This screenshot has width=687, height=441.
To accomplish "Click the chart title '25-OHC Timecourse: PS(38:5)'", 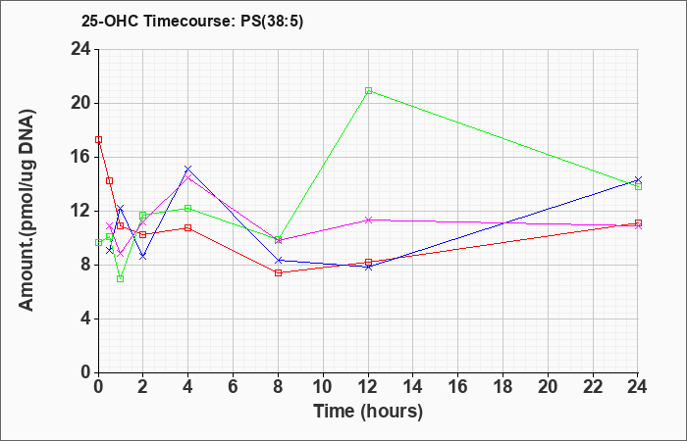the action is pos(192,22).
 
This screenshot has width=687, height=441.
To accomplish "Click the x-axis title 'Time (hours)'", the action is pos(368,412).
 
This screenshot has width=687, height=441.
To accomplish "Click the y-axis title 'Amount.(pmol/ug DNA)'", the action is pos(27,211).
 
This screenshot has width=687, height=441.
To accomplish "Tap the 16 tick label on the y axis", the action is pos(81,158).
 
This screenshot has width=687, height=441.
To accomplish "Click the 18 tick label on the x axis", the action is pos(502,387).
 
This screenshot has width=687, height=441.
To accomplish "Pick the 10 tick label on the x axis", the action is pos(323,387).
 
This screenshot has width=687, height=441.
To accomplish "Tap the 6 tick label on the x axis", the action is pos(234,387).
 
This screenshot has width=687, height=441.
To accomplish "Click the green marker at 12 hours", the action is pos(368,90).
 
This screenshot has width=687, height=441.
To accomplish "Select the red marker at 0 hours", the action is pos(98,139).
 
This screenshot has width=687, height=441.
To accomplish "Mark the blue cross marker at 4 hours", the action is pos(188,169).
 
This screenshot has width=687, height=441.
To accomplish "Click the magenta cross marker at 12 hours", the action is pos(368,220).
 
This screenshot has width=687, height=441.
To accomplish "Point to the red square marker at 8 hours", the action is pos(278,272).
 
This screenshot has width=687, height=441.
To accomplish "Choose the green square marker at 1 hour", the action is pos(121,278).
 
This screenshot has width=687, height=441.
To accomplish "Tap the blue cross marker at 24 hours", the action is pos(638,179).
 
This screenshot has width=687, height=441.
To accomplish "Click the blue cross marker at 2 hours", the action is pos(143,257).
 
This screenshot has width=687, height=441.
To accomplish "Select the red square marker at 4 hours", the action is pos(188,227).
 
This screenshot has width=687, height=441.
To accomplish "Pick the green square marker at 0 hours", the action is pos(98,242).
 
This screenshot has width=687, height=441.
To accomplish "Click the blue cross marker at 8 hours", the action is pos(278,261).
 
